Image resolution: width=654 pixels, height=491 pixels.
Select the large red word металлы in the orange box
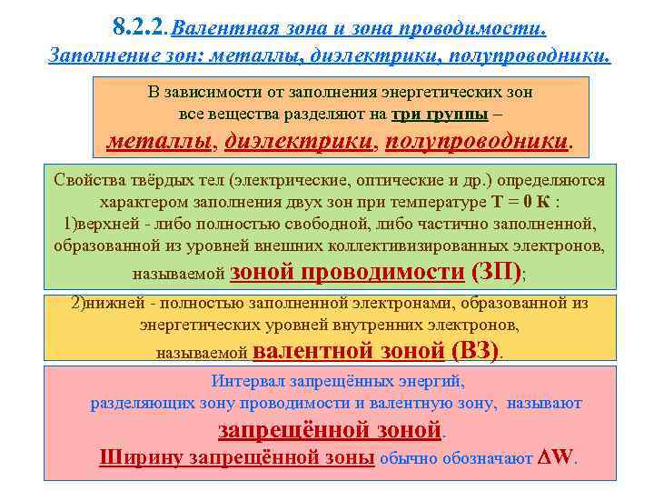point(159,141)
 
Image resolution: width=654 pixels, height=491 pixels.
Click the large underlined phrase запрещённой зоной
point(331,428)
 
